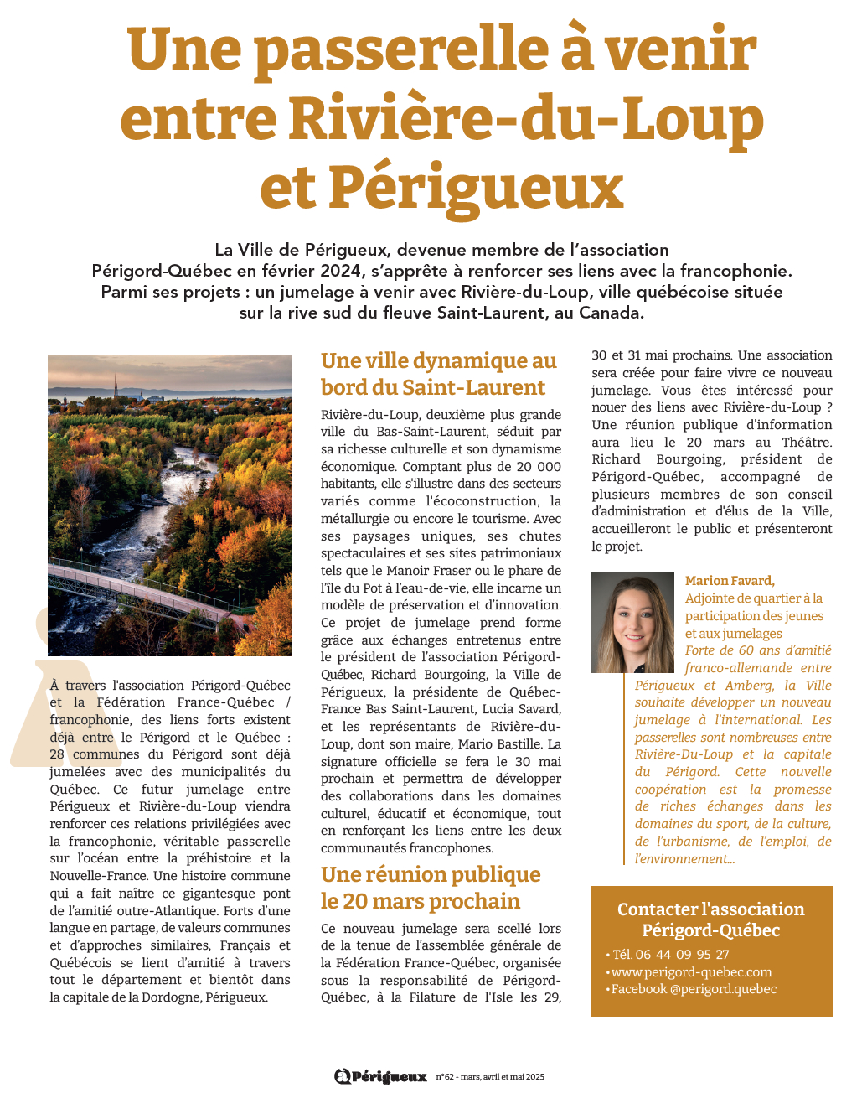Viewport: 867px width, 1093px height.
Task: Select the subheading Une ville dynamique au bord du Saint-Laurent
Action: click(438, 374)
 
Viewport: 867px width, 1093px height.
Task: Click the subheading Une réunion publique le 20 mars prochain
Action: click(431, 888)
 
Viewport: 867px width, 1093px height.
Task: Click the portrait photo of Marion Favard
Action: click(632, 622)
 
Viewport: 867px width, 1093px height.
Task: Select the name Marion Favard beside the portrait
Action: click(730, 581)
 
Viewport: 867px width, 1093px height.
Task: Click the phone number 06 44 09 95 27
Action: click(683, 955)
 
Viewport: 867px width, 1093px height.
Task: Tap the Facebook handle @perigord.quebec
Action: click(723, 989)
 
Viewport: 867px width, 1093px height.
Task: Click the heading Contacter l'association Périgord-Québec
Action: click(710, 919)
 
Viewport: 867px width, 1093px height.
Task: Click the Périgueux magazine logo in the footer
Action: click(381, 1076)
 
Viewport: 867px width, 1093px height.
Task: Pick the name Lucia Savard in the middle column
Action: click(520, 709)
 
